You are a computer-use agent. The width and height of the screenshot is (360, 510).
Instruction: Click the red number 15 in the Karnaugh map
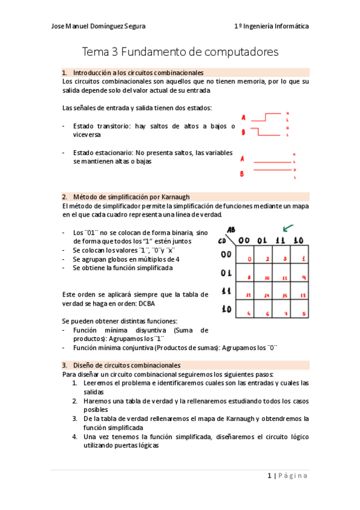[x=285, y=295]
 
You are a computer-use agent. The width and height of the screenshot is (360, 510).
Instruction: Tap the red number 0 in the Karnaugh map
[x=249, y=259]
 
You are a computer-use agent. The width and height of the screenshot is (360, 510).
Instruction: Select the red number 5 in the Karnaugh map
[x=304, y=314]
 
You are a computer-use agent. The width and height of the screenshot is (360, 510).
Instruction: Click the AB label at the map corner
[x=230, y=230]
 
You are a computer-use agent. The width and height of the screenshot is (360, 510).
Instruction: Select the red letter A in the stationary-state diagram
[x=242, y=159]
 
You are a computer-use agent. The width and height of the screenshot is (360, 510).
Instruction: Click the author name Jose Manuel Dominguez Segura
[x=98, y=26]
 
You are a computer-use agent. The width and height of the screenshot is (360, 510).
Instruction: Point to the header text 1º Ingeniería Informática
[x=272, y=26]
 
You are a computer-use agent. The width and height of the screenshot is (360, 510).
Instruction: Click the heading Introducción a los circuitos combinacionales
[x=138, y=72]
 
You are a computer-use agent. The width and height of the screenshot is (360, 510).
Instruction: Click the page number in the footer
[x=270, y=476]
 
